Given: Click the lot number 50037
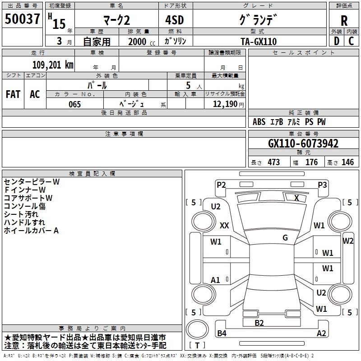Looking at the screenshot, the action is [22, 19].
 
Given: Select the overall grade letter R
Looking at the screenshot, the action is [344, 21].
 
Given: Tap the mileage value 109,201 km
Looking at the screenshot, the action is [53, 65].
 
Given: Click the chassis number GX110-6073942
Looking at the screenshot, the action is [303, 143].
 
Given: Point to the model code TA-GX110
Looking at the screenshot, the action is [259, 42].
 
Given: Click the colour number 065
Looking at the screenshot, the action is [74, 104].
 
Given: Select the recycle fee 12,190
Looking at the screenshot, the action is [225, 104].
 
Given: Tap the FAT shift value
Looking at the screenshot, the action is [13, 94].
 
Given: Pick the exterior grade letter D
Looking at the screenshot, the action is [336, 42].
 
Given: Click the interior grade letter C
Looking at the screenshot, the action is [351, 42].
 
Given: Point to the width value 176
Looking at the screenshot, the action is [311, 162].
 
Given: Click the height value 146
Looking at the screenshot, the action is [347, 162].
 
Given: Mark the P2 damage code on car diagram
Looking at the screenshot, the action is [221, 185].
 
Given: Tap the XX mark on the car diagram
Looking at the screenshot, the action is [224, 225].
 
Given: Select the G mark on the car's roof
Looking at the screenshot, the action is [285, 238].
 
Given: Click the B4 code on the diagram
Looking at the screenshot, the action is [222, 333].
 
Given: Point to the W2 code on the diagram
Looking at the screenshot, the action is [348, 241].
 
